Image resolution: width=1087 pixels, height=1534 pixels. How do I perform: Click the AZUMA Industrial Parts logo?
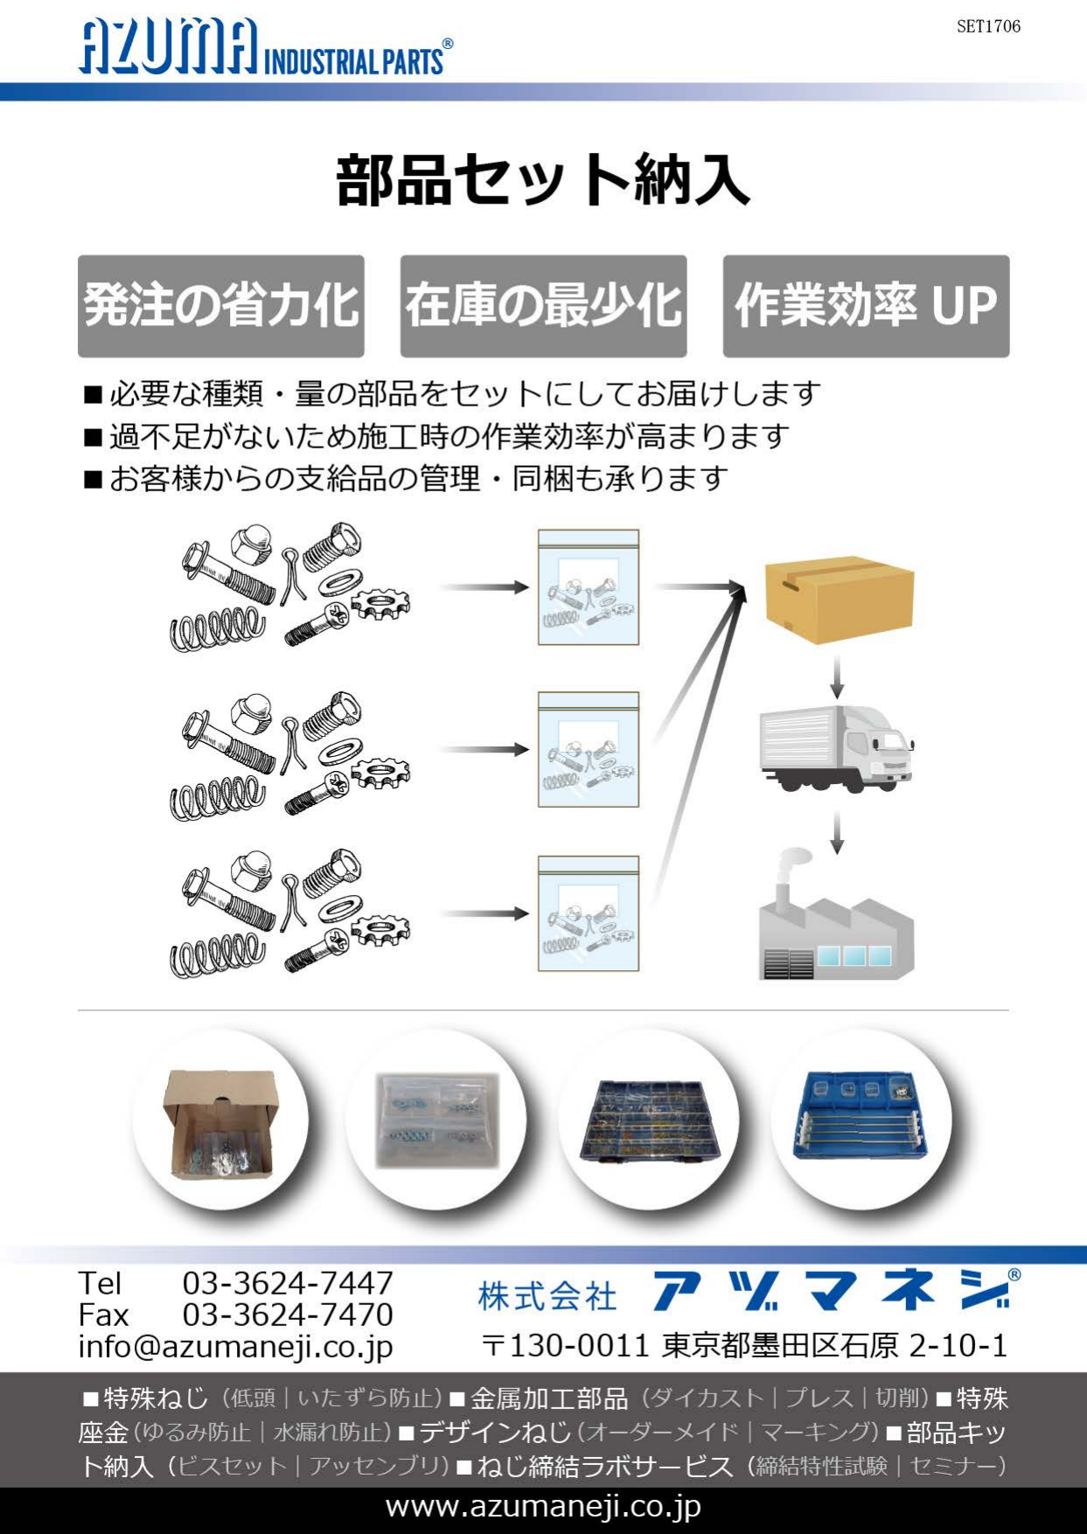tap(266, 48)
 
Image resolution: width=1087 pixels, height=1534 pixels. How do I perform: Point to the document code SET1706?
tap(988, 26)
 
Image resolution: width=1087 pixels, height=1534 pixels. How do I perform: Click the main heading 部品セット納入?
tap(543, 180)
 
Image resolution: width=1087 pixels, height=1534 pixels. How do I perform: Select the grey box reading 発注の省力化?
tap(221, 306)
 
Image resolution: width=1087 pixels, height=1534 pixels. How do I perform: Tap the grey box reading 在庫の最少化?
tap(543, 306)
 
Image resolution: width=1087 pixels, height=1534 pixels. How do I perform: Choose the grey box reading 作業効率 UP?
tap(866, 306)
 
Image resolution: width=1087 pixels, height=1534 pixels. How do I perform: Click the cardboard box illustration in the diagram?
tap(839, 599)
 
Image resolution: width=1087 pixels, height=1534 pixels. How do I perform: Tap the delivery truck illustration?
tap(837, 748)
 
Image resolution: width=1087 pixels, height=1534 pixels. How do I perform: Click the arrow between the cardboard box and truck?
tap(837, 676)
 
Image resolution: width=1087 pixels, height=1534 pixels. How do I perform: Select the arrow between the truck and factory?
tap(837, 832)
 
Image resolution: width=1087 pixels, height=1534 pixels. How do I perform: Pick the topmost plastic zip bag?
tap(589, 587)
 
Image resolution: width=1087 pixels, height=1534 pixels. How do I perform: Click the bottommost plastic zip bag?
tap(589, 913)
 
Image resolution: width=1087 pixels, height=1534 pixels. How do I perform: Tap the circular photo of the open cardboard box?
tap(220, 1121)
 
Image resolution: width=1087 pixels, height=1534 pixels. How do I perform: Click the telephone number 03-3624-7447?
tap(288, 1283)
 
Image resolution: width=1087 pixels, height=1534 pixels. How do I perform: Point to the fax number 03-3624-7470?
tap(288, 1315)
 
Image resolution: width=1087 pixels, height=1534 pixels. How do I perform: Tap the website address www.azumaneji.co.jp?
tap(543, 1507)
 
